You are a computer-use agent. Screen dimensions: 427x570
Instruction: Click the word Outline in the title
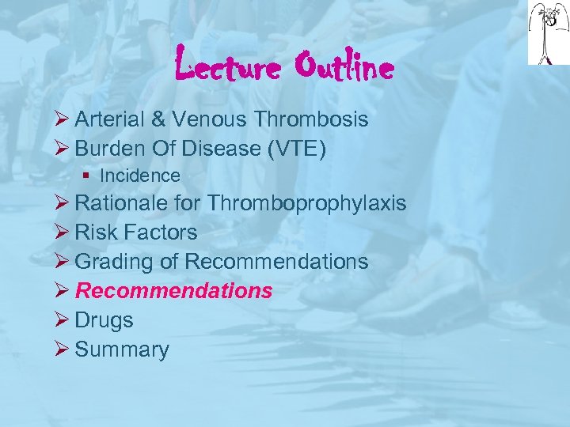click(x=343, y=68)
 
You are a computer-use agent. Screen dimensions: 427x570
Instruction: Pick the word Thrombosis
click(x=311, y=119)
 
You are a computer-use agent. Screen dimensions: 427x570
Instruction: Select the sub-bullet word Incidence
click(x=140, y=176)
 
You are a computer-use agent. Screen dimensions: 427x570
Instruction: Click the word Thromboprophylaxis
click(x=307, y=203)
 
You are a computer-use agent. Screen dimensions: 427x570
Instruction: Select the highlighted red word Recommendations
click(x=173, y=291)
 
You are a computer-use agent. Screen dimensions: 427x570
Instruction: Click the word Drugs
click(x=104, y=320)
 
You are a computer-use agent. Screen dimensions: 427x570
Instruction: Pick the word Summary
click(x=122, y=350)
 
